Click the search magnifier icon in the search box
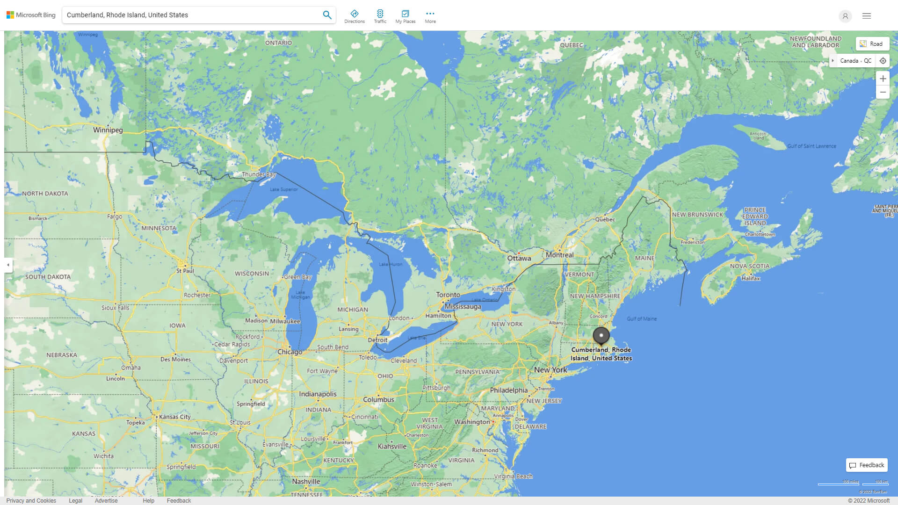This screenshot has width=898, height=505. [x=327, y=15]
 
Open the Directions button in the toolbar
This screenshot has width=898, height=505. [x=355, y=16]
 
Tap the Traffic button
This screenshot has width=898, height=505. [x=380, y=16]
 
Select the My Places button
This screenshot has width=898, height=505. [x=405, y=16]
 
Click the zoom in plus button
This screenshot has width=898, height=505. [x=883, y=79]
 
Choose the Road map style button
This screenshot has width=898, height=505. [x=872, y=44]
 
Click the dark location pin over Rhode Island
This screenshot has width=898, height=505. [x=601, y=336]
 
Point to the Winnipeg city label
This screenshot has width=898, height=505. [x=108, y=130]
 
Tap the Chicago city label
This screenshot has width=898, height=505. [x=290, y=352]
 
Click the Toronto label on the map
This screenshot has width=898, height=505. [x=448, y=295]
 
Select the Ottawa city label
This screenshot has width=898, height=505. [x=519, y=258]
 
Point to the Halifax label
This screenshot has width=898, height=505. [x=751, y=278]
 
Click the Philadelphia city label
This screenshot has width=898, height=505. [x=508, y=390]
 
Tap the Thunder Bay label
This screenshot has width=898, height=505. [x=259, y=174]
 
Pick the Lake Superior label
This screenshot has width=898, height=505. [x=284, y=189]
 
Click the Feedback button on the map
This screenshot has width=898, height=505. [x=867, y=465]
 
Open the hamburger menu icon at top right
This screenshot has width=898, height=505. [x=867, y=16]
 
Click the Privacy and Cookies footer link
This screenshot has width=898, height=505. [x=31, y=501]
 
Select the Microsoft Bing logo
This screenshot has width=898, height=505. [x=31, y=15]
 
